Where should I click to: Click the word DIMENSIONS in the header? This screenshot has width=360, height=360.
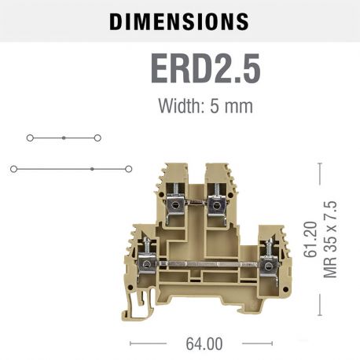click(179, 21)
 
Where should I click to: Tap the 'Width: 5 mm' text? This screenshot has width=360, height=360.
click(205, 105)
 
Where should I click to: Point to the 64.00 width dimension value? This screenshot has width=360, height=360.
click(204, 343)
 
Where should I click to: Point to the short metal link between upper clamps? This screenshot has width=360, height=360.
click(194, 204)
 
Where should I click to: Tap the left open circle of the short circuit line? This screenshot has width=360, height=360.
click(29, 138)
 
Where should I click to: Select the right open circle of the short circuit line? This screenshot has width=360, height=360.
click(97, 138)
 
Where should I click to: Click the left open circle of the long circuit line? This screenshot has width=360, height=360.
click(13, 168)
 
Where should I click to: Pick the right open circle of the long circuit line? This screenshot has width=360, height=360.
click(128, 168)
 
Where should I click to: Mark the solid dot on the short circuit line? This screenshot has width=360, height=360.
click(64, 138)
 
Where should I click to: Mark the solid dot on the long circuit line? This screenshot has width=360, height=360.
click(92, 168)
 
